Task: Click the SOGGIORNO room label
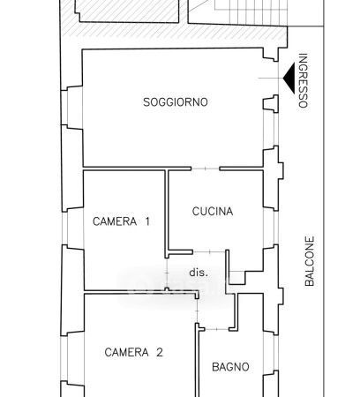click(176, 102)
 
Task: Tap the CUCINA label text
click(213, 212)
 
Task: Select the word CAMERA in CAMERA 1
click(115, 221)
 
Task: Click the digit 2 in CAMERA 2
click(159, 352)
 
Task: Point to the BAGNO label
click(230, 367)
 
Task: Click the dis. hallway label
click(199, 273)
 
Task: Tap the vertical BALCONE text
click(310, 261)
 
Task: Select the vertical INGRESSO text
click(303, 80)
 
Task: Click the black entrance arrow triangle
click(289, 79)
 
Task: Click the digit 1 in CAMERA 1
click(147, 221)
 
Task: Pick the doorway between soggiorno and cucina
click(206, 169)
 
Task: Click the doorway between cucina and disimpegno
click(209, 251)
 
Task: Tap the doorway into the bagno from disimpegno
click(217, 329)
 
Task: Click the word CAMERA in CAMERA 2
click(126, 352)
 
